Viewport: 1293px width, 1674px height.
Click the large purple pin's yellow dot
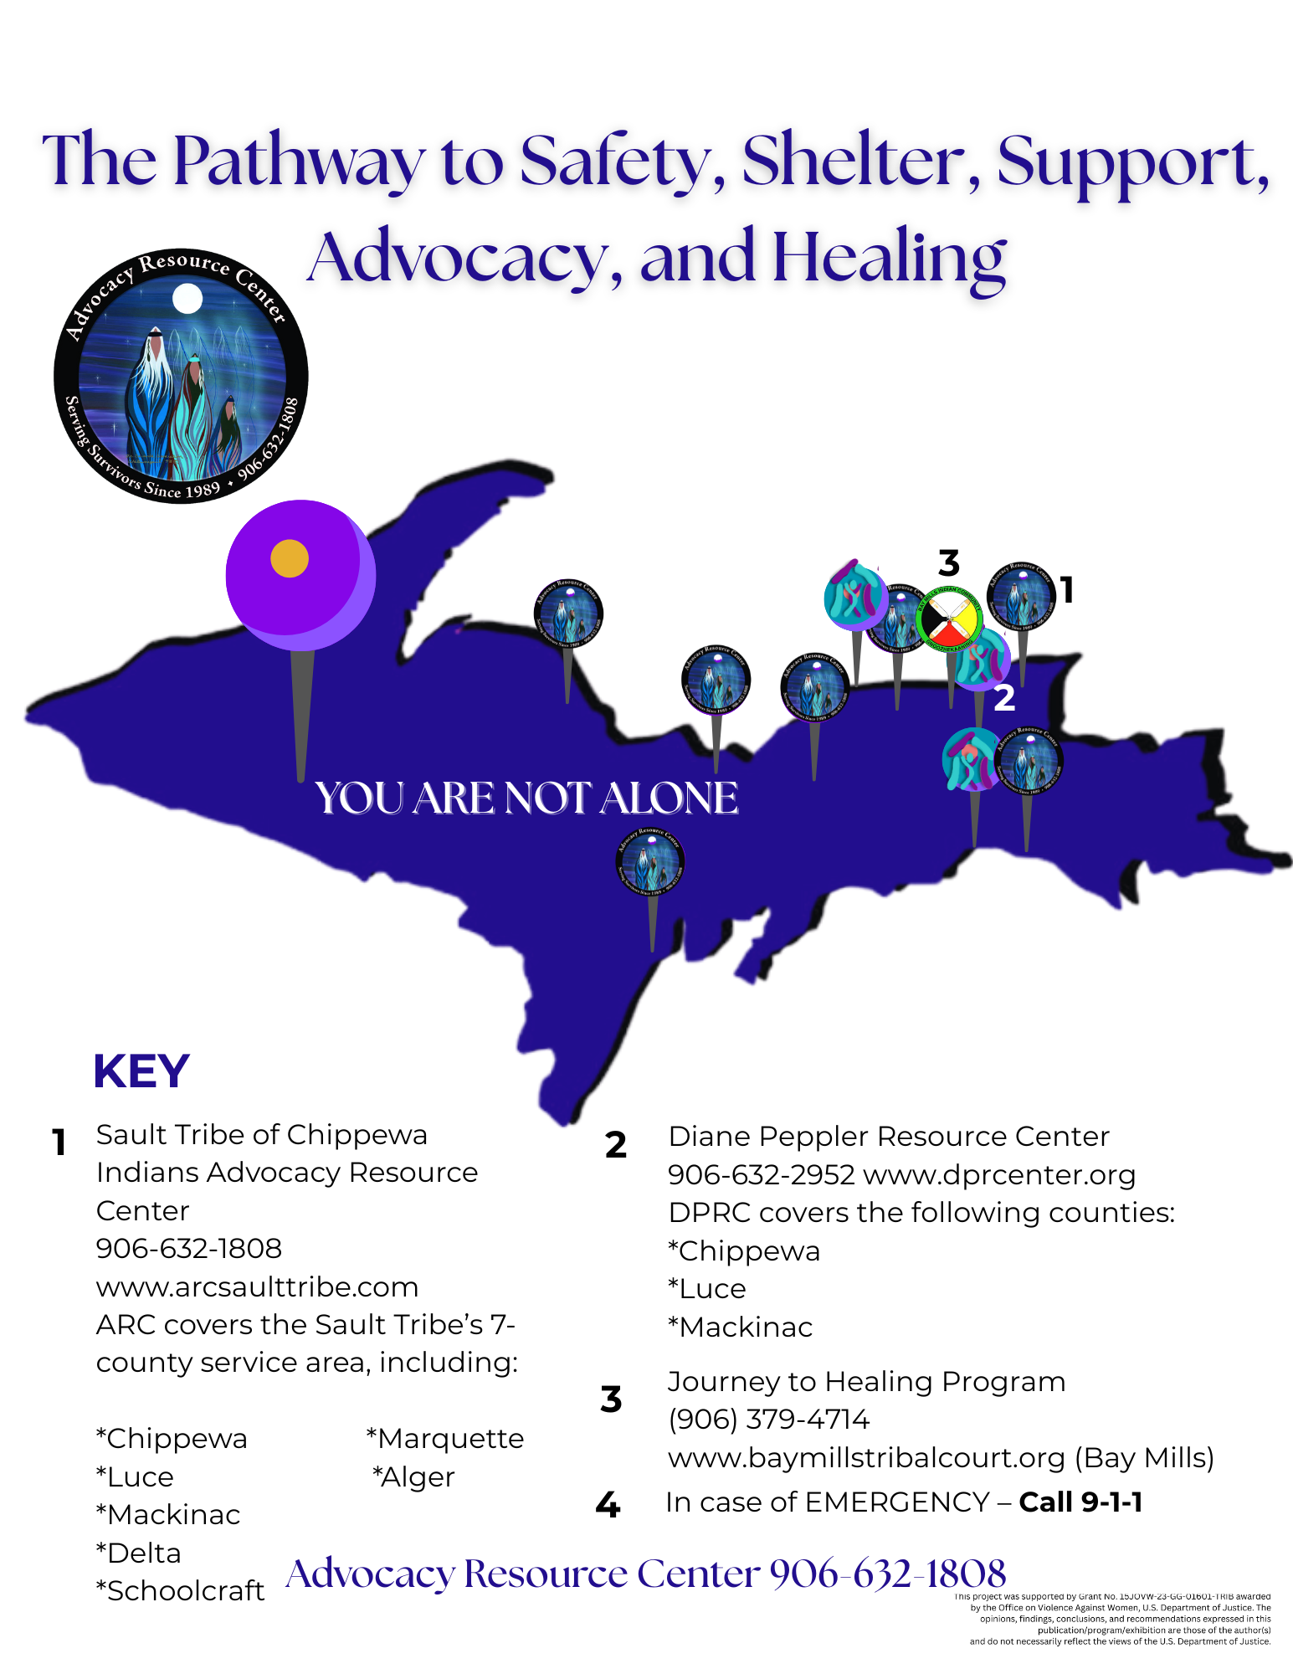click(290, 558)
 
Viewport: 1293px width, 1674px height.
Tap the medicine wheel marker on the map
click(949, 620)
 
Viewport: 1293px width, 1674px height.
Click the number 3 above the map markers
click(948, 563)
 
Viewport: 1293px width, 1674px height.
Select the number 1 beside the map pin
click(1067, 590)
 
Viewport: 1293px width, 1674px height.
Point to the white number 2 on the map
click(1004, 697)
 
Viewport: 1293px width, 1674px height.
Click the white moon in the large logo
click(187, 298)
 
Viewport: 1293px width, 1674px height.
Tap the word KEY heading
click(141, 1071)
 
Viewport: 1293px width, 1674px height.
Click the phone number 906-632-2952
click(761, 1175)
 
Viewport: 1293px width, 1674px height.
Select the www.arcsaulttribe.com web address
click(257, 1286)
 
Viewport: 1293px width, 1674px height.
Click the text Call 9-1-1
click(1080, 1502)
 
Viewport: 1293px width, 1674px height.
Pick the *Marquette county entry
click(445, 1439)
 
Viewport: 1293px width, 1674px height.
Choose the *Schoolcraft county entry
click(180, 1590)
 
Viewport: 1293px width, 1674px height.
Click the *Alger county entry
click(413, 1477)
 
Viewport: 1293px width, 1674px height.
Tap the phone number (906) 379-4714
click(768, 1420)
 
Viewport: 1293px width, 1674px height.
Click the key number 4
click(608, 1505)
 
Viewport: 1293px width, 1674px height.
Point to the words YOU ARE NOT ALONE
click(526, 798)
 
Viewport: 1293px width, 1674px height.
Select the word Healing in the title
click(889, 258)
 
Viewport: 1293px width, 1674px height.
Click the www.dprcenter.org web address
click(999, 1175)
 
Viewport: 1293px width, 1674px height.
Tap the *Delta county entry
click(138, 1553)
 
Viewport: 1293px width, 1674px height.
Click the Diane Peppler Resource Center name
click(889, 1137)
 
